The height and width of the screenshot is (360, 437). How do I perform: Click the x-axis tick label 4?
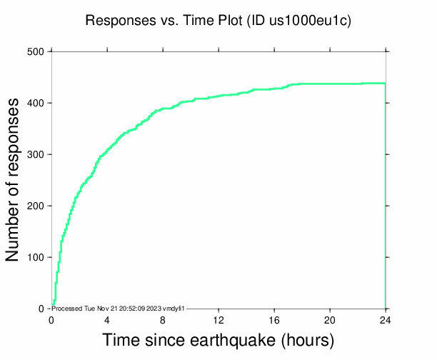(107, 319)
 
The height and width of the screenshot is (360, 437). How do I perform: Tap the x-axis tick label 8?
(163, 319)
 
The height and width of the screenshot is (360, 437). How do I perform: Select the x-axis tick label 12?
(218, 319)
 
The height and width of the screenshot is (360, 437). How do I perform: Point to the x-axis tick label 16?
(274, 319)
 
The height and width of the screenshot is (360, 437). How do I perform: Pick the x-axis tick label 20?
(330, 319)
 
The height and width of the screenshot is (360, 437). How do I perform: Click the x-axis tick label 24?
(386, 319)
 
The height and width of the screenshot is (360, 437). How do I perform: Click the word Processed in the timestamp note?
(67, 308)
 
